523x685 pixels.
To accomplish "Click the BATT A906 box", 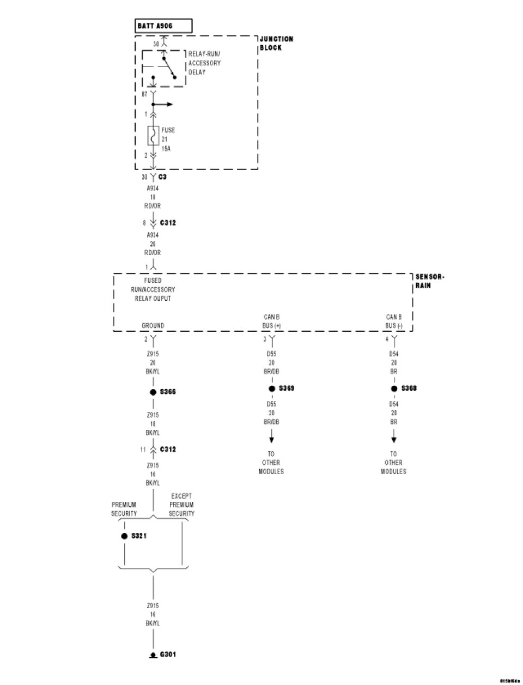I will tap(163, 26).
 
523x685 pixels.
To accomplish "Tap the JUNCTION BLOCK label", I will tap(276, 43).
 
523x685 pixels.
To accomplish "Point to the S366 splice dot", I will tap(153, 392).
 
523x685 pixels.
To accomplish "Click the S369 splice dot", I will tap(272, 389).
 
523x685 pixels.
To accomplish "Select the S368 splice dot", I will tap(394, 389).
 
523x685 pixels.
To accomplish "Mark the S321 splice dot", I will tap(125, 536).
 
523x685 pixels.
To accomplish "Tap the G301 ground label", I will tap(168, 654).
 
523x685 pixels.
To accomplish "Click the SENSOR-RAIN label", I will tap(429, 281).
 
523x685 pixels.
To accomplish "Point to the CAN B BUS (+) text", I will tap(271, 322).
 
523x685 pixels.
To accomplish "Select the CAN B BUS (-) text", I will tap(394, 322).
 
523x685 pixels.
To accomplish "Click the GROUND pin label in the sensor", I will tap(153, 326).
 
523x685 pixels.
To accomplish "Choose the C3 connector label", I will tap(162, 177).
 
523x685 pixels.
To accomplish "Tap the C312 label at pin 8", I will tap(168, 223).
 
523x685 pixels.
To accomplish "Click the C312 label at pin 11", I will tap(168, 450).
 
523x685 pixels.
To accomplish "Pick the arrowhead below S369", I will tap(272, 439).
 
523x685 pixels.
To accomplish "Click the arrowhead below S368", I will tap(394, 439).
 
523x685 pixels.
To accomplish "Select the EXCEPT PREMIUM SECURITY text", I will tap(181, 505).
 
